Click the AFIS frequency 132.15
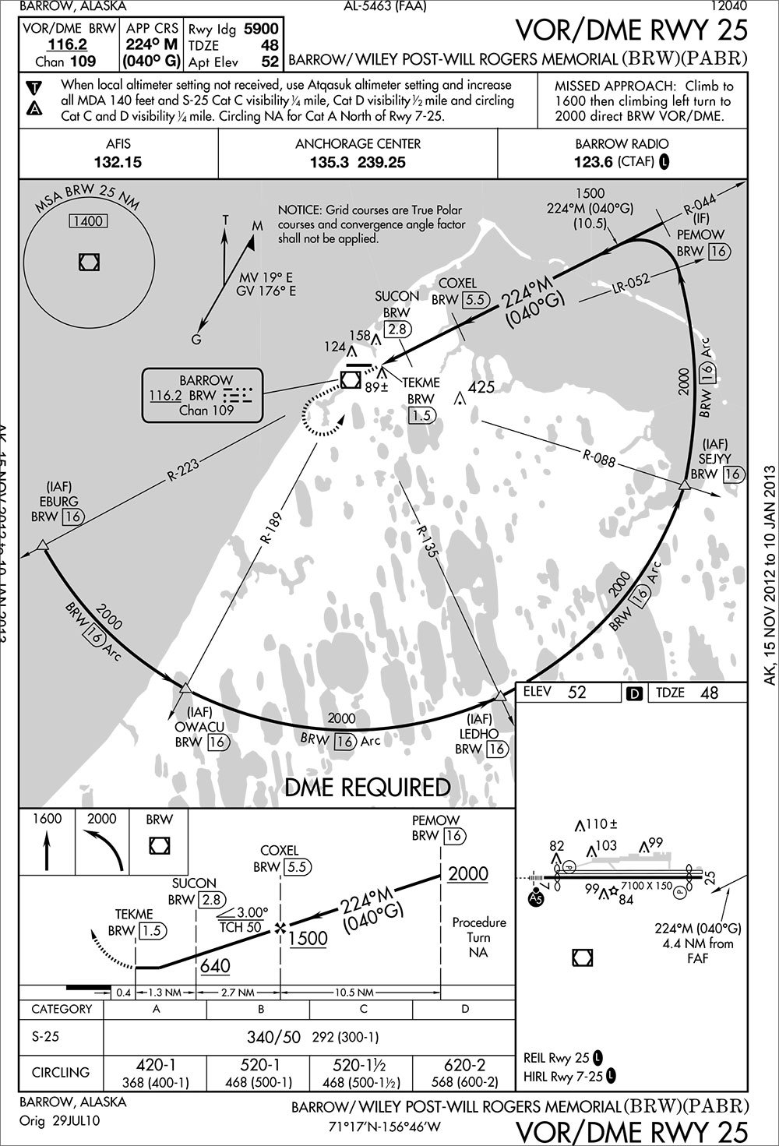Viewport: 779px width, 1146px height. (118, 163)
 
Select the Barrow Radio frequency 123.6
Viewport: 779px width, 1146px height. (594, 163)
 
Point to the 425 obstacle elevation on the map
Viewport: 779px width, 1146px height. (482, 386)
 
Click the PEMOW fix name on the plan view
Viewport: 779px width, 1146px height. (700, 234)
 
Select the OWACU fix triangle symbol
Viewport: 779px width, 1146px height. (185, 687)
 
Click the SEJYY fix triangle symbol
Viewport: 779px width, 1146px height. (684, 486)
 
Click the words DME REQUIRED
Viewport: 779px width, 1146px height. (367, 788)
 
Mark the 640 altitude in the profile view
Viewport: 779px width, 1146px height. (215, 966)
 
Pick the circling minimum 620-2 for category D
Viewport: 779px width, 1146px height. (465, 1065)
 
